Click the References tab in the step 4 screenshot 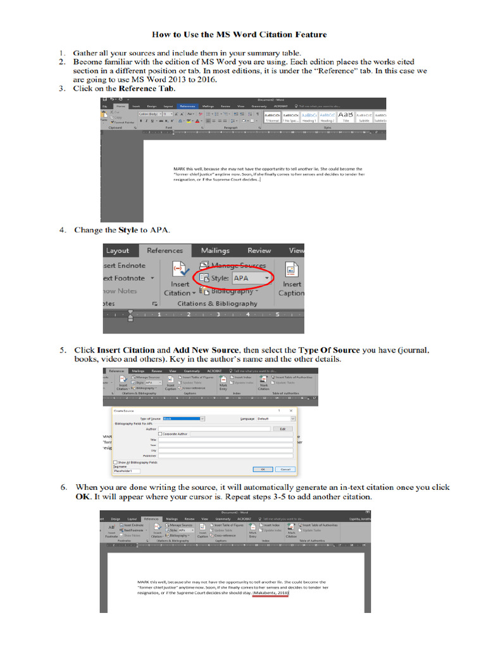[x=165, y=250]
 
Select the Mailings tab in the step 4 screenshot [x=215, y=250]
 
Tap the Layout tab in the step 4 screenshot [x=118, y=250]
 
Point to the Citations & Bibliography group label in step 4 [x=217, y=304]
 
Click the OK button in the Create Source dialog [x=262, y=469]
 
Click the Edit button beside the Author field [x=282, y=429]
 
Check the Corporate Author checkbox [x=160, y=434]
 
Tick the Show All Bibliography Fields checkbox [x=115, y=462]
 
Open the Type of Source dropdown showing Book [x=184, y=419]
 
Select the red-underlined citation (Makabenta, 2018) [x=271, y=593]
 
